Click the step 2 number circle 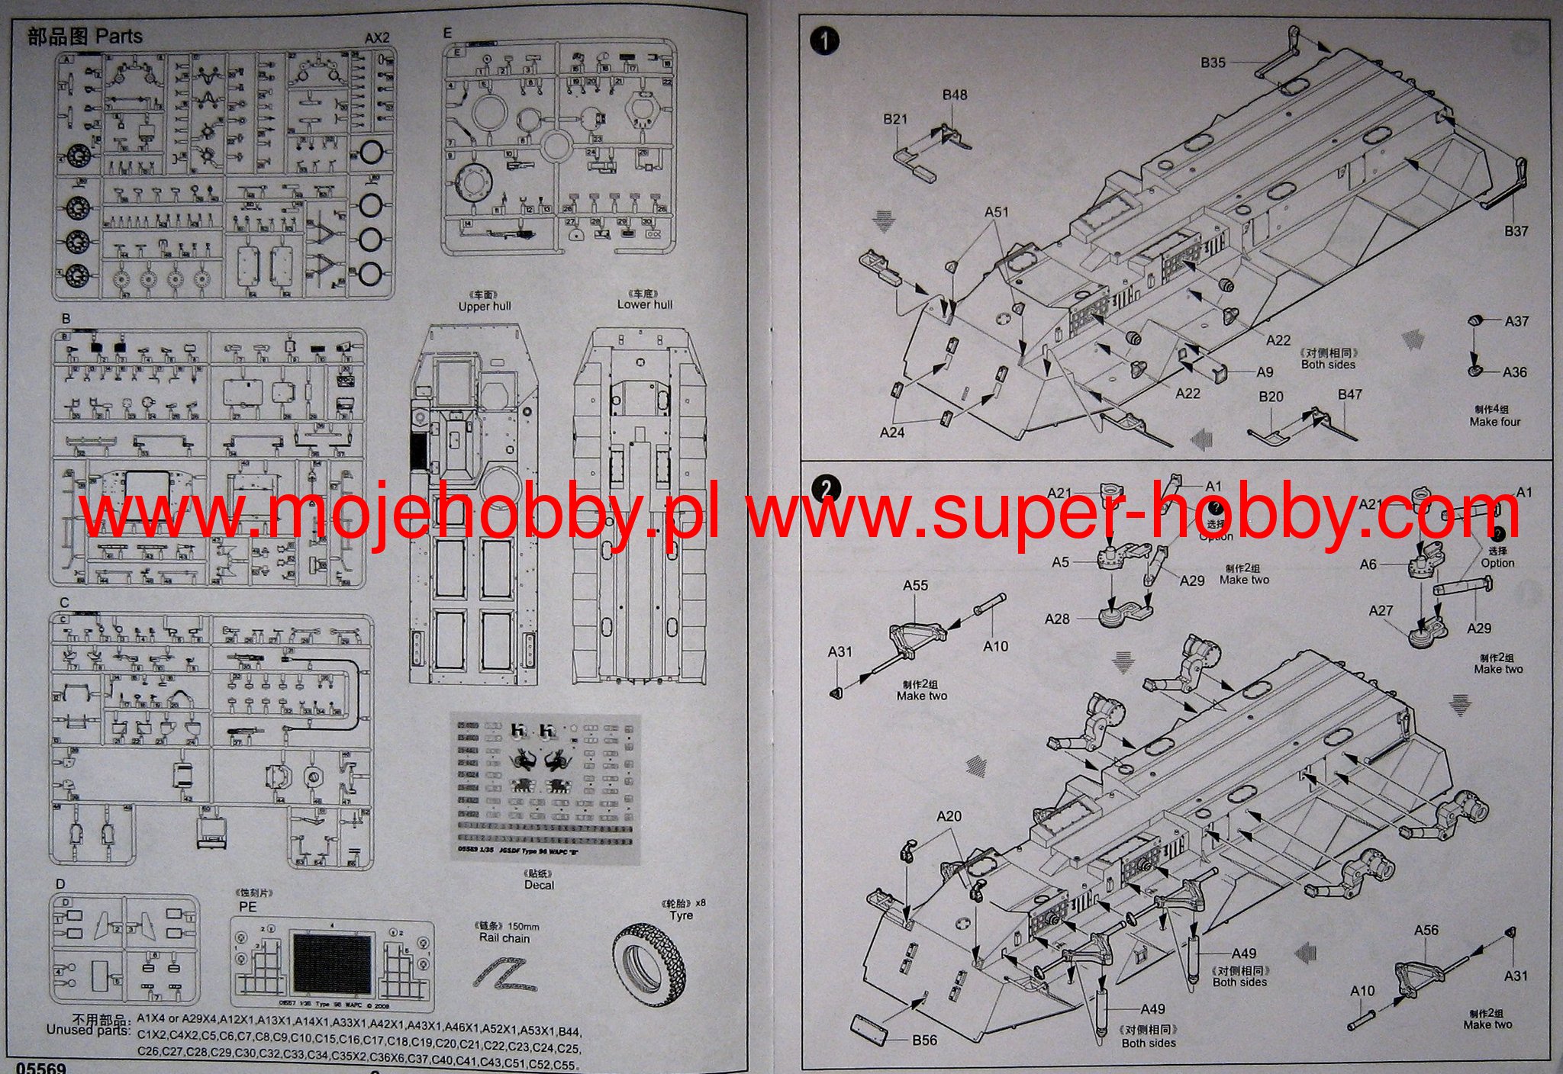(826, 488)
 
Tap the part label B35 (1213, 63)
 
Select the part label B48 (954, 95)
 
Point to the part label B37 (1516, 231)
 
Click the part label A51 (996, 212)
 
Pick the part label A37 (1516, 321)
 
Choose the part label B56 (924, 1040)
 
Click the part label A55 (915, 586)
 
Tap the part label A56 (1426, 931)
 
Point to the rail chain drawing (504, 979)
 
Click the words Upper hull (484, 307)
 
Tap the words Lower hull (645, 304)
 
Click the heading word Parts (119, 36)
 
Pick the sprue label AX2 (376, 38)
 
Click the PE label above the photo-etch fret (247, 908)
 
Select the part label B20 (1271, 397)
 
